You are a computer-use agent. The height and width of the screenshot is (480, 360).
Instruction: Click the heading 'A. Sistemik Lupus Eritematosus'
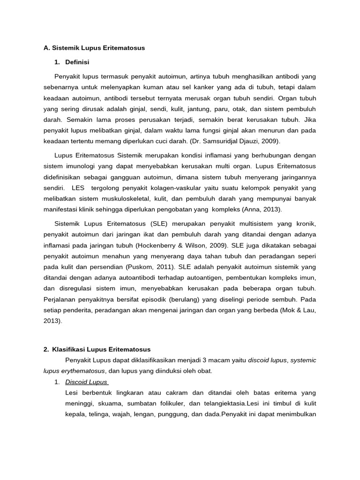94,48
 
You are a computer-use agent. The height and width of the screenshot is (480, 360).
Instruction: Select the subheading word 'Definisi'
78,62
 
